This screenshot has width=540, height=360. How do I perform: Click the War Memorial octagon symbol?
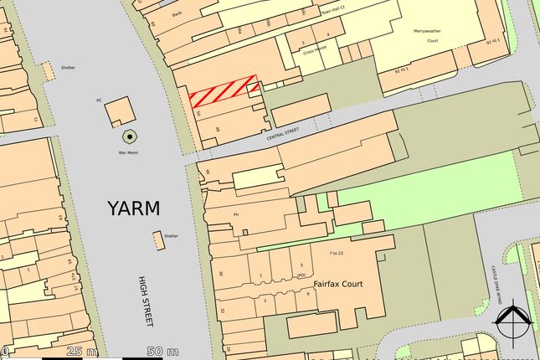[x=130, y=136]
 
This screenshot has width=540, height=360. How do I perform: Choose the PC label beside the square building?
[x=99, y=100]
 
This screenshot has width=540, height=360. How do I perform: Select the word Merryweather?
[x=427, y=31]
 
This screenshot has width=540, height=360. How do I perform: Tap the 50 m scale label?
[x=162, y=350]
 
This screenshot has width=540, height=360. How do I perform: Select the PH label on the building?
[x=236, y=214]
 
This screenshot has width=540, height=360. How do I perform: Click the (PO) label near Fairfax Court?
[x=301, y=274]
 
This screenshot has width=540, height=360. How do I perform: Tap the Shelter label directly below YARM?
[x=172, y=235]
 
